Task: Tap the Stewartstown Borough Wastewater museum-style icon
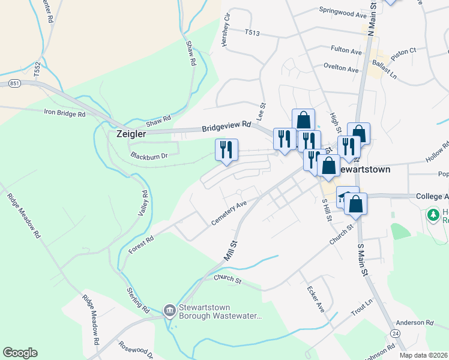tap(169, 310)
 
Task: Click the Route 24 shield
tap(394, 332)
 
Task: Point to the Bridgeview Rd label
tap(226, 126)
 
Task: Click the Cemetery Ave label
tap(229, 214)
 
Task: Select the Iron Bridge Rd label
tap(65, 112)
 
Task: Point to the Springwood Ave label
tap(343, 11)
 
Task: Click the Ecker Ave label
tap(316, 298)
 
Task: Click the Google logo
tap(20, 353)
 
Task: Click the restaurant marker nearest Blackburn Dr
tap(227, 150)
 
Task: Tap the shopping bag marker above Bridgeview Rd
tap(304, 119)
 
